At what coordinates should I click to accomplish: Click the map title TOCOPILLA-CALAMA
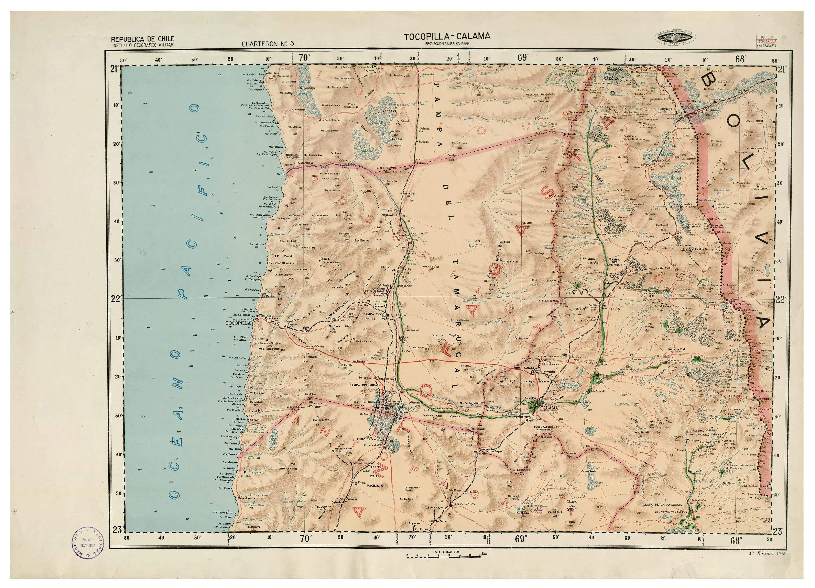(447, 36)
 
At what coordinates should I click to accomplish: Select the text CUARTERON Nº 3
(268, 44)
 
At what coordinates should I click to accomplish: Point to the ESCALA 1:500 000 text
(446, 552)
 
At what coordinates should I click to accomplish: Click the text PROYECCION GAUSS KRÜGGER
(447, 44)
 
